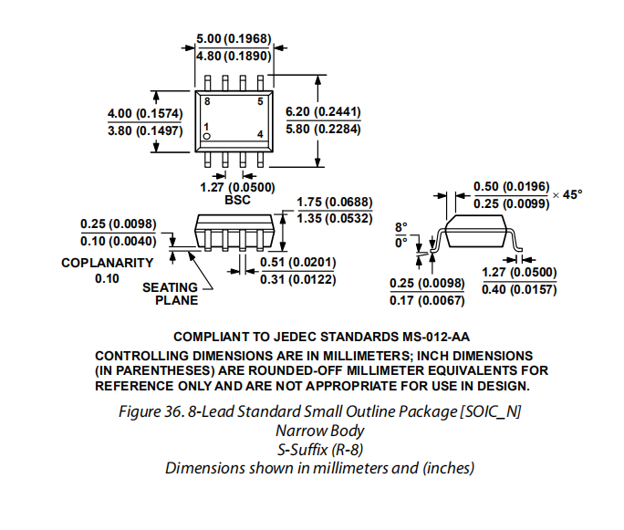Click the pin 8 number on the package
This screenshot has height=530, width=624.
(x=207, y=101)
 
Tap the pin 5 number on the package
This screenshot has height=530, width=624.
(x=260, y=101)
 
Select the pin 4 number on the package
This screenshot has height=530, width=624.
(x=260, y=134)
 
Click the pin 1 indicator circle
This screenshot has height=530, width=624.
(x=206, y=137)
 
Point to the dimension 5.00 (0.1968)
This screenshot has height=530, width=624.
(x=234, y=38)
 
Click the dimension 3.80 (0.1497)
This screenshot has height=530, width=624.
(x=145, y=130)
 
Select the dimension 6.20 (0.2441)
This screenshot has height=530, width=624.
(x=323, y=112)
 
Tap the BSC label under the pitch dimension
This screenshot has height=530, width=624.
(x=237, y=200)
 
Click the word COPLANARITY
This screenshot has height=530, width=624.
(x=108, y=263)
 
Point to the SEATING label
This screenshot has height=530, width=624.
(x=170, y=287)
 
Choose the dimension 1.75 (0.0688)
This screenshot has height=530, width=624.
(x=335, y=203)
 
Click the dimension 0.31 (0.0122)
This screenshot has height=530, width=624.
(x=298, y=279)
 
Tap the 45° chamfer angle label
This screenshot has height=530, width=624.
(x=572, y=194)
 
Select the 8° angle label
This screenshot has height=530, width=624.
(x=401, y=227)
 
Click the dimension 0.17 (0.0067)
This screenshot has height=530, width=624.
(x=427, y=300)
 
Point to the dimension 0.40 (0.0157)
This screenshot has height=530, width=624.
(x=519, y=289)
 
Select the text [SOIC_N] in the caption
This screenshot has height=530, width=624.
(x=491, y=411)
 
